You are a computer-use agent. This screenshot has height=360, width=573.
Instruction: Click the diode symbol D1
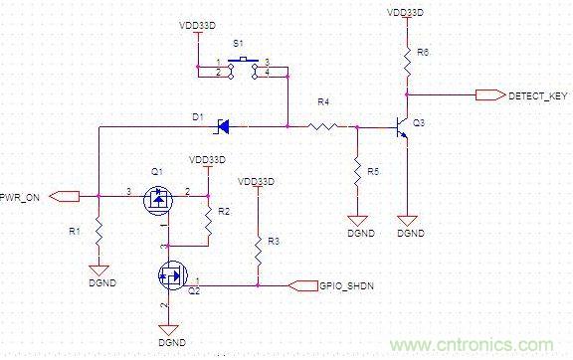[x=223, y=126]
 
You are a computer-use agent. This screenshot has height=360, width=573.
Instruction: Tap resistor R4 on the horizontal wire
[x=323, y=126]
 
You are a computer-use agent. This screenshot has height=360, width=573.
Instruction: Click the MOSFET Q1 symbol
[x=158, y=202]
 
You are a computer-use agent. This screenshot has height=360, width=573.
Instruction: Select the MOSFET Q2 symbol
[x=170, y=274]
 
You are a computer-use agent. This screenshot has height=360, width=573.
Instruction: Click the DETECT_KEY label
[x=537, y=96]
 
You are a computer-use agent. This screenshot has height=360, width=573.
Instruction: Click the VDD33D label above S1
[x=198, y=23]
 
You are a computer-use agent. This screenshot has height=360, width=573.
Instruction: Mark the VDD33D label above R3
[x=257, y=182]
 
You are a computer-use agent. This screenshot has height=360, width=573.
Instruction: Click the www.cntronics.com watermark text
[x=487, y=343]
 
